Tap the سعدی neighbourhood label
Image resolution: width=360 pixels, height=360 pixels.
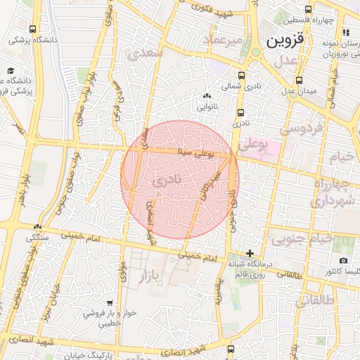pyautogui.click(x=146, y=53)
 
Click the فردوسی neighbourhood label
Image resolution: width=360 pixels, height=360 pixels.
pyautogui.click(x=301, y=129)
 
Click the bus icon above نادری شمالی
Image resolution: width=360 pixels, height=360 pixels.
pyautogui.click(x=242, y=75)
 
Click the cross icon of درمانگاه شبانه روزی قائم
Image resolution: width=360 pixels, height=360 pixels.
pyautogui.click(x=250, y=252)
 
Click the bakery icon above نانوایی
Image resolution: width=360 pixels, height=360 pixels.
pyautogui.click(x=206, y=96)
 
